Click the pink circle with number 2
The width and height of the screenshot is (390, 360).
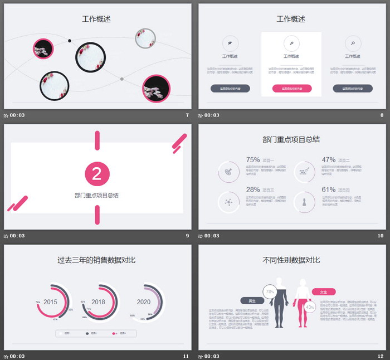97,174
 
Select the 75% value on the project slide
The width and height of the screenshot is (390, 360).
253,159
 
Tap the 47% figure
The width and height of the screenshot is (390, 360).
329,159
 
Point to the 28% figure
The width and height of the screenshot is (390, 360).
253,189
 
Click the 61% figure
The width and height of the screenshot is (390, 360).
329,189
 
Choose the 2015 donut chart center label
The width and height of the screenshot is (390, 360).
51,302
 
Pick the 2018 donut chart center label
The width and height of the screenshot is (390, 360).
99,302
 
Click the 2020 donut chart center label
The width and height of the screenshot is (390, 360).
144,302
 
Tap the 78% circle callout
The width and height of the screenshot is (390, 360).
270,291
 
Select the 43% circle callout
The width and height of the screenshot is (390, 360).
310,307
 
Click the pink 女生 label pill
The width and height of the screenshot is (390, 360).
324,291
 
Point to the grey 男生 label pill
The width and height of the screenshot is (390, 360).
252,300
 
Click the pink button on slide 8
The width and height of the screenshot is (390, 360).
291,88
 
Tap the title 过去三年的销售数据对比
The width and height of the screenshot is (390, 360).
96,260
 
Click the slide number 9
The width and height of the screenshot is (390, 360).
187,236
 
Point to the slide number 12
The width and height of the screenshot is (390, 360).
381,356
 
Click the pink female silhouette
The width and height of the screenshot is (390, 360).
303,304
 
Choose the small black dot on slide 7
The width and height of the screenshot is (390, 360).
70,41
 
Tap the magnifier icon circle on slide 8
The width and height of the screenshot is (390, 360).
352,43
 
